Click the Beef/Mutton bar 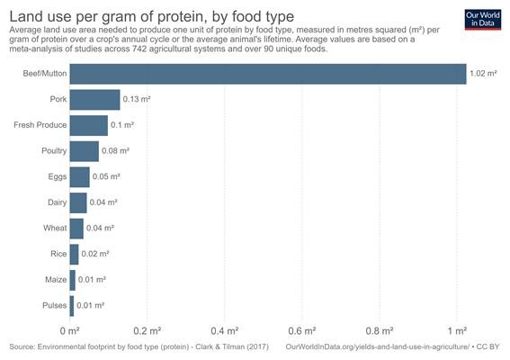[x=268, y=74]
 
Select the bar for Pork [x=95, y=100]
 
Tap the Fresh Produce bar [x=89, y=125]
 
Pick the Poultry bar [x=85, y=151]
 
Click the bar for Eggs [x=80, y=177]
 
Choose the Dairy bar [x=78, y=202]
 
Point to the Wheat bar [x=76, y=229]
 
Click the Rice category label [x=58, y=254]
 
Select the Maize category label [x=56, y=280]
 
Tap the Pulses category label [x=55, y=305]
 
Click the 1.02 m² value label [x=483, y=74]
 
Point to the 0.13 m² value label [x=137, y=99]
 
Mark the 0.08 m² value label [x=115, y=150]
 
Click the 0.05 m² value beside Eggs [x=106, y=176]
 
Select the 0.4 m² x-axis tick [x=225, y=331]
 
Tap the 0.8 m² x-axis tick [x=380, y=331]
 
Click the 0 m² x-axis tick [x=70, y=331]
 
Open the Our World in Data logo [x=483, y=20]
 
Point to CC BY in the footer [x=488, y=347]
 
